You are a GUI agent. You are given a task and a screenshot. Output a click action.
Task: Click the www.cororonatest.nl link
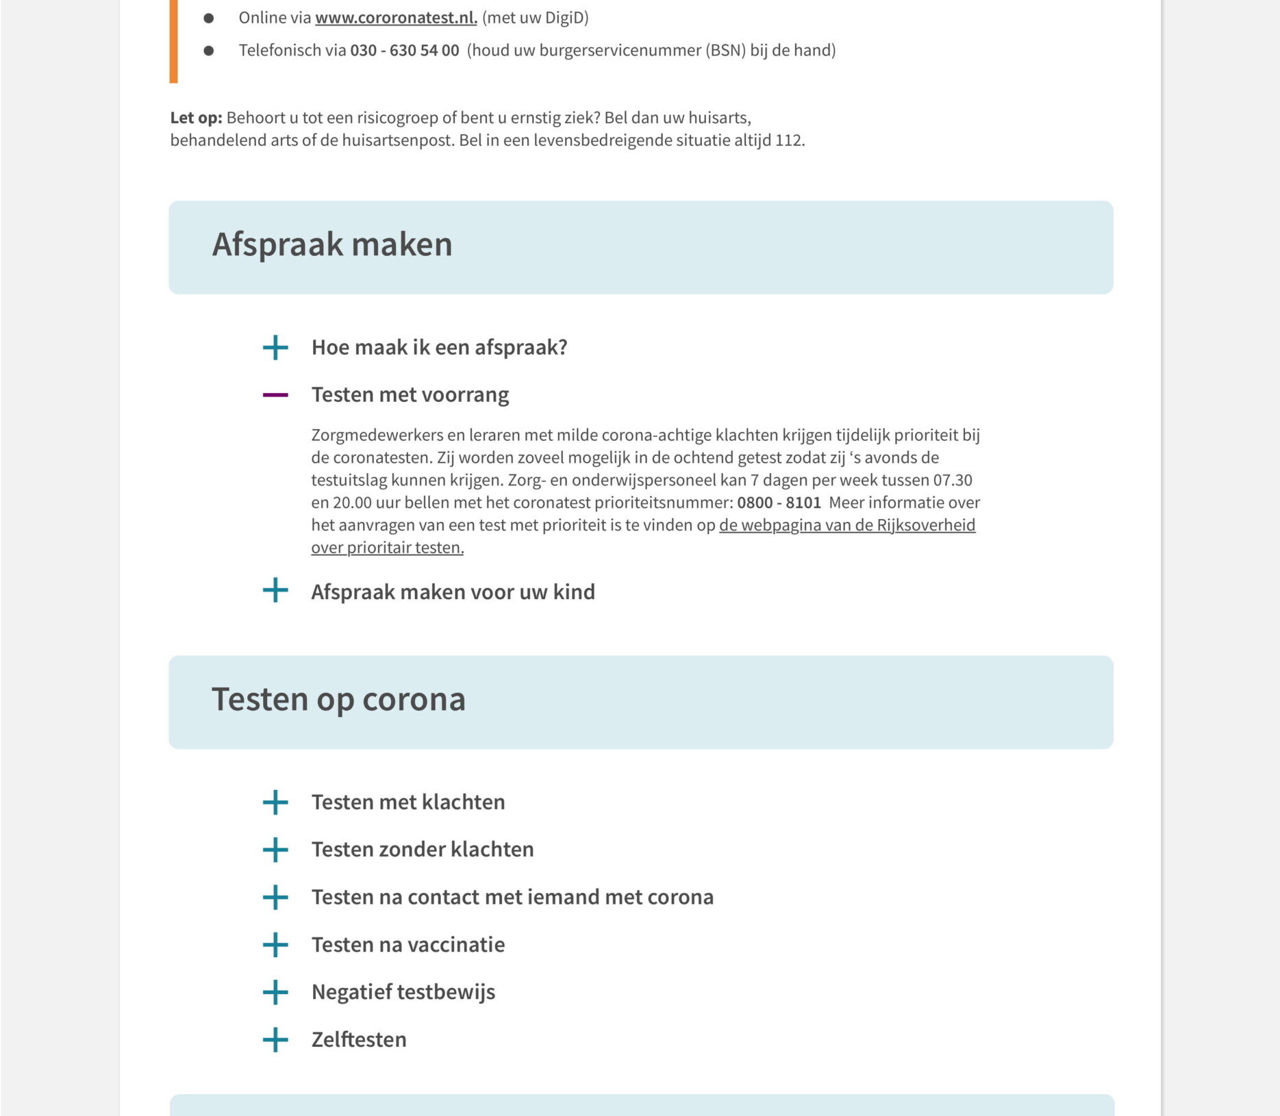click(396, 18)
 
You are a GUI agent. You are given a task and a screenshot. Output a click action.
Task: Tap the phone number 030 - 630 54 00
click(404, 51)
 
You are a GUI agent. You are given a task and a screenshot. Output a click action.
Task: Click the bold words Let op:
click(196, 118)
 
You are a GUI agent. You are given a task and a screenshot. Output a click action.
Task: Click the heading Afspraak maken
click(332, 244)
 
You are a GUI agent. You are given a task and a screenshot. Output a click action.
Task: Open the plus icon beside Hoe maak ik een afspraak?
click(275, 348)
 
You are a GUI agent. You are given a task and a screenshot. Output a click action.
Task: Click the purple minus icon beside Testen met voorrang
click(275, 395)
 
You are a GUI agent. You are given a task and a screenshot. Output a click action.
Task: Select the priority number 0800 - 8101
click(779, 503)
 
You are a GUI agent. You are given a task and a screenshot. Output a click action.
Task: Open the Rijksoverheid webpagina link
click(846, 525)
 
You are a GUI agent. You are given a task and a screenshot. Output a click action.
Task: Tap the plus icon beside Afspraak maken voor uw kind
click(275, 590)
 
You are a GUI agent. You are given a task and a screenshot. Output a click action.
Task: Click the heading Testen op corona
click(338, 699)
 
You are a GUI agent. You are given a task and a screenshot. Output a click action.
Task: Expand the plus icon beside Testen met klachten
click(275, 802)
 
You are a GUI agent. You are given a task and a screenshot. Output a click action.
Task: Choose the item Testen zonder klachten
click(423, 850)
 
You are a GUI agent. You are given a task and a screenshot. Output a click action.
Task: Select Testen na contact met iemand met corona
click(512, 897)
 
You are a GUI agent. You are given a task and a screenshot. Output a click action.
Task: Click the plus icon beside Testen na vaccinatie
click(275, 945)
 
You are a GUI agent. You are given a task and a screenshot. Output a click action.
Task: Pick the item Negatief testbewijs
click(403, 992)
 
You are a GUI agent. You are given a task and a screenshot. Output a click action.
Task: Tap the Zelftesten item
click(359, 1039)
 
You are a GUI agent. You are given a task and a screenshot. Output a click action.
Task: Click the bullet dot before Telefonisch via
click(209, 51)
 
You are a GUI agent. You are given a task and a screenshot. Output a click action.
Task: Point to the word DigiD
click(561, 18)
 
